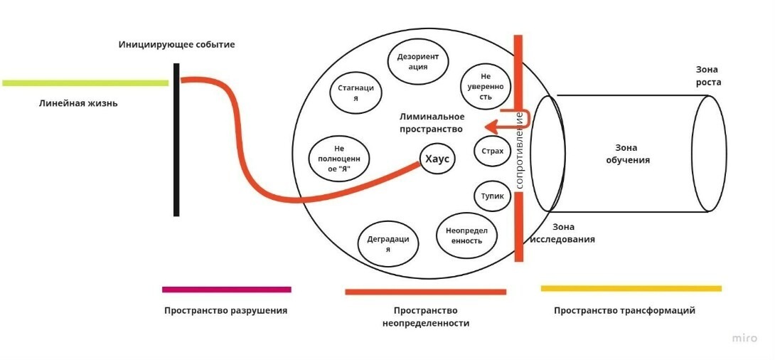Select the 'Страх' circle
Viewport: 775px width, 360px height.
[x=492, y=151]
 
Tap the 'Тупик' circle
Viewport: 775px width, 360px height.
[x=492, y=196]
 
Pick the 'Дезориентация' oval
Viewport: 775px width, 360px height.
[x=418, y=61]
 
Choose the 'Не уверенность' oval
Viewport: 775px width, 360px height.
[x=486, y=86]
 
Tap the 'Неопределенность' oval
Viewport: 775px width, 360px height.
[x=467, y=235]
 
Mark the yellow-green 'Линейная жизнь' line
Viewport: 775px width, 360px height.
[x=85, y=83]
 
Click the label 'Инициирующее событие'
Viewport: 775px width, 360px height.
[x=176, y=45]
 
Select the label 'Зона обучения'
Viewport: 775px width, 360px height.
[x=628, y=154]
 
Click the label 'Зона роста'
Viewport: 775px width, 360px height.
[x=708, y=75]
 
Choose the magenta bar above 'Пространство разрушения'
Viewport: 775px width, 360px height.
[x=226, y=290]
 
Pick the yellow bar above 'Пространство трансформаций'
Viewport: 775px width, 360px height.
[x=631, y=288]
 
